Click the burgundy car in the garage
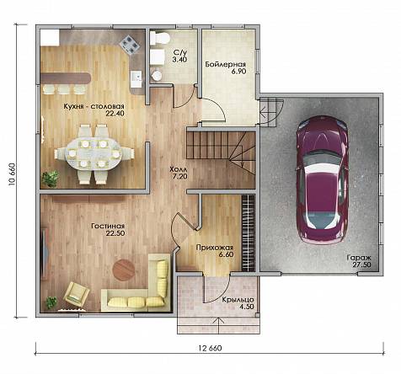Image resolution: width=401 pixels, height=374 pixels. (322, 180)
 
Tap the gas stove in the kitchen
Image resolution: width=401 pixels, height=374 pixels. (130, 45)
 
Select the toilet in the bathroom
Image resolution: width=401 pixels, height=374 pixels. (159, 38)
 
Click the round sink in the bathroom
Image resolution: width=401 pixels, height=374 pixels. (156, 76)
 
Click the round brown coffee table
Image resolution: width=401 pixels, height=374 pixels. (123, 270)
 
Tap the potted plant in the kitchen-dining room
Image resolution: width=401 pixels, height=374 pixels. (50, 179)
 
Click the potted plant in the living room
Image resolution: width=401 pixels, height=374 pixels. (51, 302)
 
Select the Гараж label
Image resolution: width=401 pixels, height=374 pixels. (359, 258)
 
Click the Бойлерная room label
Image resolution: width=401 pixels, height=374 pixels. (226, 64)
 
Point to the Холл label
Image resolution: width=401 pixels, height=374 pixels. (178, 169)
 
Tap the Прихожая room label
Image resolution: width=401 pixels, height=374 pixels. (215, 248)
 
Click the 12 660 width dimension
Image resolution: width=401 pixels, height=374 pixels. (210, 348)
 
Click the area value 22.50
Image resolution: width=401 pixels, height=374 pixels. (115, 233)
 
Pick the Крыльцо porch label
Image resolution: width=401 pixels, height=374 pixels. (238, 300)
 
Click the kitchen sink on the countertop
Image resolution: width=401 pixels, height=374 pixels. (136, 76)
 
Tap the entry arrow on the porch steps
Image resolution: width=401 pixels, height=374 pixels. (218, 325)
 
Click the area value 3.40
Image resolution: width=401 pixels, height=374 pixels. (180, 60)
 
